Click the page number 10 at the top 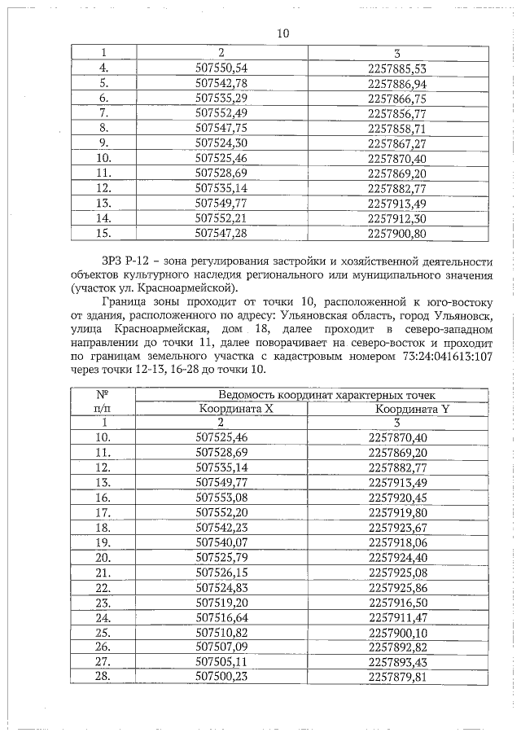[282, 34]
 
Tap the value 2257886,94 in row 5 [397, 83]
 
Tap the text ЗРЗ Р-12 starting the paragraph [125, 261]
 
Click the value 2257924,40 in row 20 [397, 557]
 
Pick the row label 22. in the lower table [103, 587]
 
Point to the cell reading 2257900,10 [397, 632]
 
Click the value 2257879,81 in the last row [397, 677]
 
